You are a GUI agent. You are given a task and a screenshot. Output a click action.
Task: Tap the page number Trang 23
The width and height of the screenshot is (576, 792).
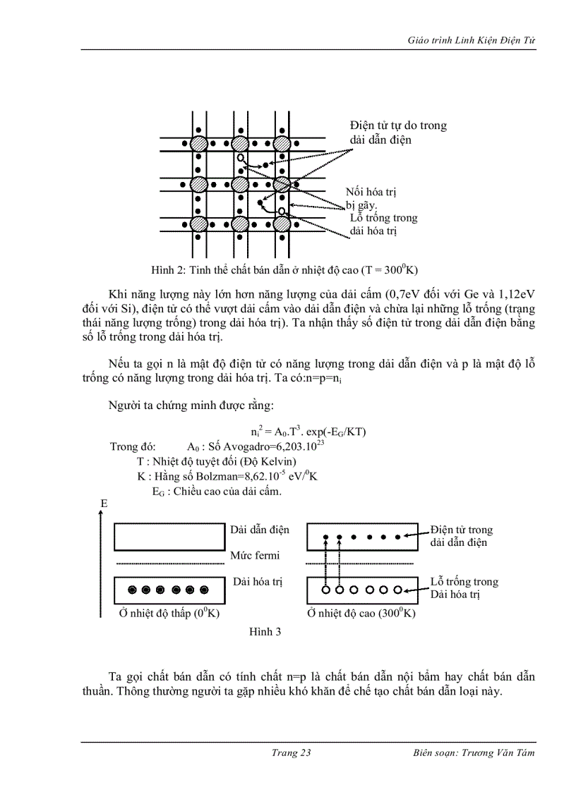tap(291, 753)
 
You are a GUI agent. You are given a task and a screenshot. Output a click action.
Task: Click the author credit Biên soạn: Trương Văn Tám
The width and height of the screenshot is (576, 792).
tap(474, 753)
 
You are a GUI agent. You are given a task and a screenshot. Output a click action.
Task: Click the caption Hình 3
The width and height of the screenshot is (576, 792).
tap(265, 632)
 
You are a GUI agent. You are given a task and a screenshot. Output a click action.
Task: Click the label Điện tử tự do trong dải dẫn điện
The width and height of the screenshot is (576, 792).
tap(398, 133)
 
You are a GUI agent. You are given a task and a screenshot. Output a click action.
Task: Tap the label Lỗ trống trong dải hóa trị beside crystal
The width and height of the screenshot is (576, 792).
tap(383, 224)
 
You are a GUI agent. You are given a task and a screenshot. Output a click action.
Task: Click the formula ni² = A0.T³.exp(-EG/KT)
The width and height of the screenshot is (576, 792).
tap(308, 432)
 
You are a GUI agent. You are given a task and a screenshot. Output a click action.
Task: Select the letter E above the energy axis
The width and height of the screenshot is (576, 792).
tap(104, 504)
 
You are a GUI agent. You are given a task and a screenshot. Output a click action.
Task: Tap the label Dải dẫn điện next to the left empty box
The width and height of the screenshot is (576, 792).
tap(260, 529)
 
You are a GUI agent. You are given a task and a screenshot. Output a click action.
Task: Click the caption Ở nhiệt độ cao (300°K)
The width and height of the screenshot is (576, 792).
tap(361, 614)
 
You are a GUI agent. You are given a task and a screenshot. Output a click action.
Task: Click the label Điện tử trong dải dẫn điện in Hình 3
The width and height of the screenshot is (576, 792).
tap(461, 536)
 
